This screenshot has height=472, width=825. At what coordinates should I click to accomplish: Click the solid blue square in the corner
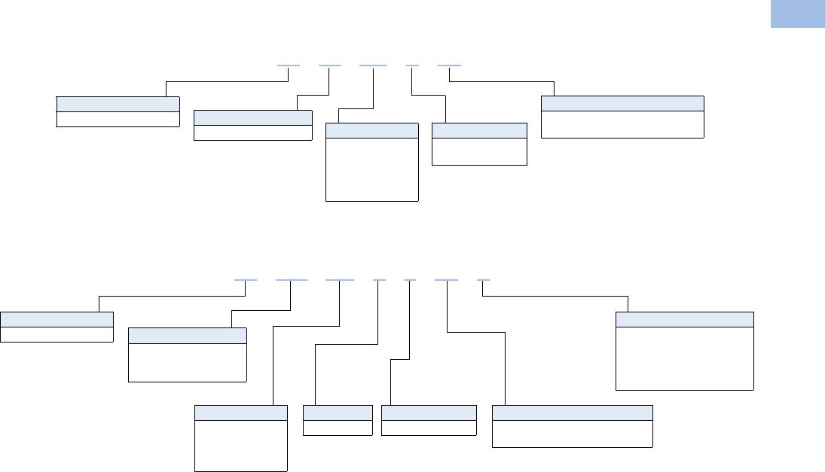tap(797, 14)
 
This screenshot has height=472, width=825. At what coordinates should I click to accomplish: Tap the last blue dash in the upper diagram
tap(449, 65)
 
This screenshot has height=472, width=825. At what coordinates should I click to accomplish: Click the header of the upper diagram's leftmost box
tap(118, 104)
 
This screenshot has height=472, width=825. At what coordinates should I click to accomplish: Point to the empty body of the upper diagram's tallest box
tap(371, 169)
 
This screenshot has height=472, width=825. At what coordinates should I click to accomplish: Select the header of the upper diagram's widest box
tap(622, 104)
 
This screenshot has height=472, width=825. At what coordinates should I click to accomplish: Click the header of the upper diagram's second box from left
tap(252, 117)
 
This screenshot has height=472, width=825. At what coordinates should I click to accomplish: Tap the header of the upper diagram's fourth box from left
tap(479, 130)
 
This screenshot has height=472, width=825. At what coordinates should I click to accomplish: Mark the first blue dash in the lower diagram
tap(246, 280)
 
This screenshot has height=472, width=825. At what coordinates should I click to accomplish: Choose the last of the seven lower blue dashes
tap(484, 280)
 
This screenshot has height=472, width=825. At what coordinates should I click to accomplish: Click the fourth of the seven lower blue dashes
tap(379, 280)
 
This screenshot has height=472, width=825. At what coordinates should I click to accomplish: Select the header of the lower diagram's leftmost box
tap(57, 318)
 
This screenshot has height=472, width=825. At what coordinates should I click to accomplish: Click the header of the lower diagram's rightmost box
tap(685, 319)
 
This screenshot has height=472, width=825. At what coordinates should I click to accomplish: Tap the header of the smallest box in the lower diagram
tap(338, 413)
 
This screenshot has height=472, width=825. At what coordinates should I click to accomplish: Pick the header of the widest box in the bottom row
tap(572, 413)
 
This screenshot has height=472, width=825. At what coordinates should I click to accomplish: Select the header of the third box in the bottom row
tap(429, 413)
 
